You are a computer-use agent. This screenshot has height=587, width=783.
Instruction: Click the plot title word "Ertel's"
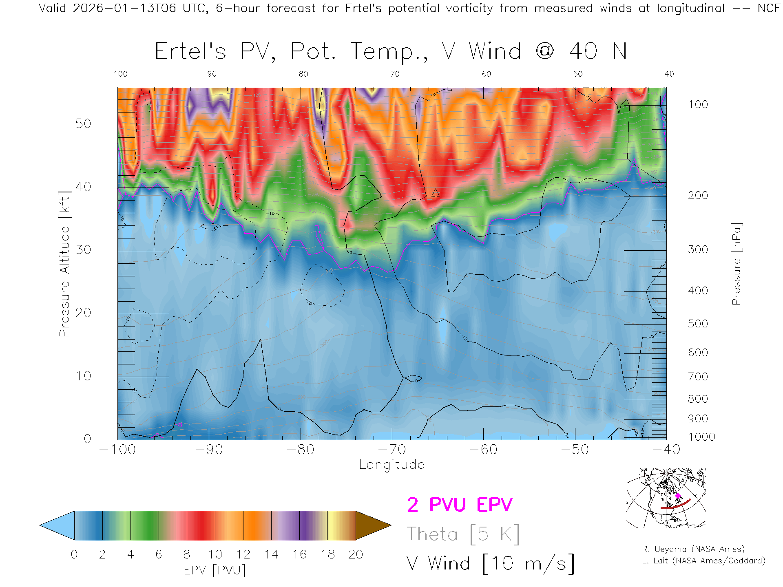click(190, 52)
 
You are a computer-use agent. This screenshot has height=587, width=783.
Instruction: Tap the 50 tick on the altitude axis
click(83, 124)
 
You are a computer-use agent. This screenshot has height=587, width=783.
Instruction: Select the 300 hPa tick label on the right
click(698, 249)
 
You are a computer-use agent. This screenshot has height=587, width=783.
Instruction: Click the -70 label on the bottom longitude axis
click(392, 450)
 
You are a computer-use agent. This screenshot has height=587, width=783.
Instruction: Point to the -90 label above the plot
click(209, 74)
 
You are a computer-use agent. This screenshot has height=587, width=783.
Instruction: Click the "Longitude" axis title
click(391, 465)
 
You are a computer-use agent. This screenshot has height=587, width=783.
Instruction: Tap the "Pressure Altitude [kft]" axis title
click(64, 264)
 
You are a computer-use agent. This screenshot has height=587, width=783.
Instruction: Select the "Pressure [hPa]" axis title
click(736, 264)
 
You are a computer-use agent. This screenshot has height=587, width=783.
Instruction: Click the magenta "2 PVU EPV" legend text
click(460, 505)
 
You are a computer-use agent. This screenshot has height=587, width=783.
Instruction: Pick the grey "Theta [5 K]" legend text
click(463, 534)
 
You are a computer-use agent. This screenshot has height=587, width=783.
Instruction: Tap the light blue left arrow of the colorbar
click(58, 525)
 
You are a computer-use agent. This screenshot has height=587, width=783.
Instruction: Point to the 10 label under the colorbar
click(215, 554)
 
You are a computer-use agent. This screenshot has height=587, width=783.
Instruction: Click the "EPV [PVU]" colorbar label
click(215, 570)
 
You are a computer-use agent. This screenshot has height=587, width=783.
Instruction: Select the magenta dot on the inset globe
click(678, 496)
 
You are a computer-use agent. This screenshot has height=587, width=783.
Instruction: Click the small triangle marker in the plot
click(436, 193)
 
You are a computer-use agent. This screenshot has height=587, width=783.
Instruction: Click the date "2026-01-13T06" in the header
click(124, 8)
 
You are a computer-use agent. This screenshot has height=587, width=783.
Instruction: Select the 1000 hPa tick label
click(701, 437)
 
